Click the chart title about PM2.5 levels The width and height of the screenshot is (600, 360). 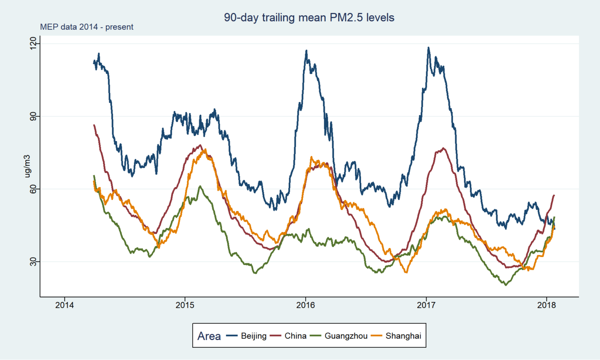coord(309,17)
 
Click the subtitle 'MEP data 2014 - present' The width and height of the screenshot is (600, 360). coord(86,27)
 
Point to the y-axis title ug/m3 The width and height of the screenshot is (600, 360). coord(27,170)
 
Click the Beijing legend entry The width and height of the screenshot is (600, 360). coord(253,336)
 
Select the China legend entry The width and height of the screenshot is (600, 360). coord(295,336)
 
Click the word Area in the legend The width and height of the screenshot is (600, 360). coord(209,336)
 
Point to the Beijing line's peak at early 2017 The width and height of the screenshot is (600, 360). coord(429,48)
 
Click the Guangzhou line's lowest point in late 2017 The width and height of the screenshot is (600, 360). coord(505,285)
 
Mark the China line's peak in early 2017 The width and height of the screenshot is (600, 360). coord(443,148)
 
